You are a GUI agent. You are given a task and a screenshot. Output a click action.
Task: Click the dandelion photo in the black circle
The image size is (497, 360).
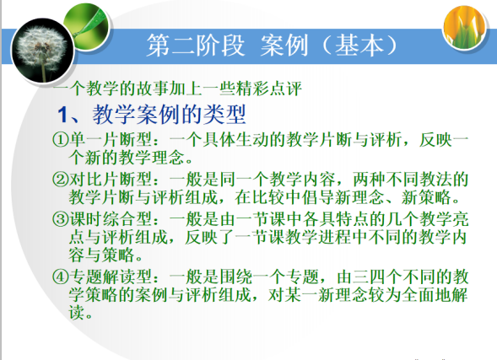click(x=42, y=51)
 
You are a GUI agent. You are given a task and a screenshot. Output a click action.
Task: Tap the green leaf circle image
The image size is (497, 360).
click(x=86, y=26)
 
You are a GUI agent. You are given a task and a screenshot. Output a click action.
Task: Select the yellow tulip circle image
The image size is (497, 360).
click(x=465, y=28)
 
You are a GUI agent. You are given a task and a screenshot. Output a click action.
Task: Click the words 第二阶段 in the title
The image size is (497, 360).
click(x=196, y=46)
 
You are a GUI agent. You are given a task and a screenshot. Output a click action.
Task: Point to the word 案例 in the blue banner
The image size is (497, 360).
click(x=284, y=46)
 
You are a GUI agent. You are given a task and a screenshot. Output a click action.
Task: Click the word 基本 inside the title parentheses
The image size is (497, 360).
click(x=359, y=46)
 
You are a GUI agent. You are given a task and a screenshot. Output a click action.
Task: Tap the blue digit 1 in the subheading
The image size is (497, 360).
click(x=62, y=115)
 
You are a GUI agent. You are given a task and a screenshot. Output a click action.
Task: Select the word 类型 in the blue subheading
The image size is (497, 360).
click(x=224, y=115)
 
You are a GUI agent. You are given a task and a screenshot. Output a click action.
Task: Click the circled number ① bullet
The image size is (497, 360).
click(x=61, y=139)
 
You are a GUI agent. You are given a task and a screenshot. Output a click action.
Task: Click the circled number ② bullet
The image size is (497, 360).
click(x=61, y=180)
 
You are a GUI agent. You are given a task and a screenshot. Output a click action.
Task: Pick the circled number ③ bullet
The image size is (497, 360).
click(x=61, y=219)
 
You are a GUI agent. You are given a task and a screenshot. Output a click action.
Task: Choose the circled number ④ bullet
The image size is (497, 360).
click(x=61, y=277)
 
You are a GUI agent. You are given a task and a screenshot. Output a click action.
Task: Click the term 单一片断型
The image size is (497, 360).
click(x=111, y=139)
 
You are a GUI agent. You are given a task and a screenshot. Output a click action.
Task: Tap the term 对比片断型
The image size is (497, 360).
click(x=111, y=180)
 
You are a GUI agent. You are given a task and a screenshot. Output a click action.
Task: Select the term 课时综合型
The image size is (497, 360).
click(x=111, y=219)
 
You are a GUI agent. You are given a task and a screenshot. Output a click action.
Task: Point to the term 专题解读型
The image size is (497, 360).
click(x=111, y=277)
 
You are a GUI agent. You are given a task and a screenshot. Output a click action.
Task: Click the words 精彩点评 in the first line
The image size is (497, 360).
click(x=269, y=89)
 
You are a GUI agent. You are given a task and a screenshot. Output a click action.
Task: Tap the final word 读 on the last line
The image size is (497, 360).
click(x=77, y=313)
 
